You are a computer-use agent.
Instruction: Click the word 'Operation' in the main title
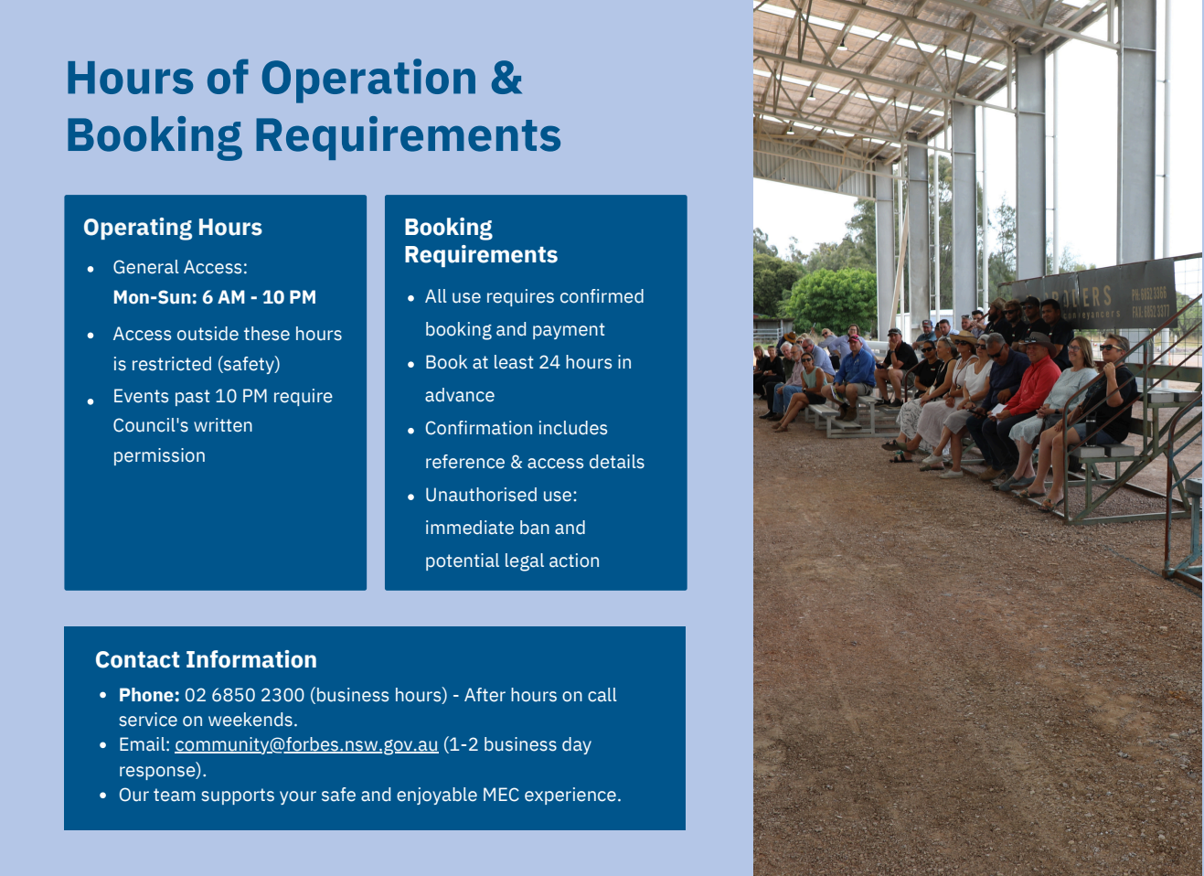368,79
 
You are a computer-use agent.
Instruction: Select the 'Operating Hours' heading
173,228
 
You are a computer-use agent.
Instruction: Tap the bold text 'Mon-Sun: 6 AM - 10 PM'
215,297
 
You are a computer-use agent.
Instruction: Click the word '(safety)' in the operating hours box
249,364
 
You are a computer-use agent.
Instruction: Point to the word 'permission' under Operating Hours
159,456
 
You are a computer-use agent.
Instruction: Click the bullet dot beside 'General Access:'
91,269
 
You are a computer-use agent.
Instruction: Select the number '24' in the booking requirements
549,362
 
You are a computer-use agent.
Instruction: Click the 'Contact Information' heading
206,660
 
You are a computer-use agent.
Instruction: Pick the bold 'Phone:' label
149,695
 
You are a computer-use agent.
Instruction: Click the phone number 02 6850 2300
245,695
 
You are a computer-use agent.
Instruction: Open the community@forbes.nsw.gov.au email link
306,745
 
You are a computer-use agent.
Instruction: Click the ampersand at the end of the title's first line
506,79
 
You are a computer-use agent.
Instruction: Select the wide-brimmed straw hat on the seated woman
964,337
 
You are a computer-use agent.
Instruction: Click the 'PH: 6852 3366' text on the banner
1149,294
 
